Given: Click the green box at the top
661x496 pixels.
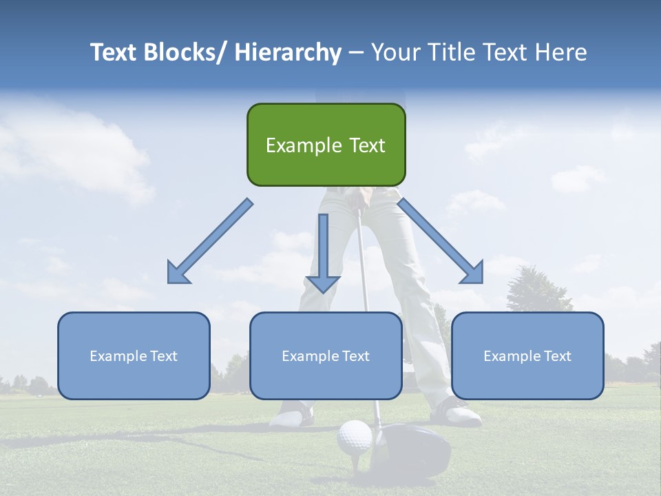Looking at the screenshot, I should click(x=326, y=145).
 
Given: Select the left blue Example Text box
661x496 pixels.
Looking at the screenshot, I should click(x=134, y=355).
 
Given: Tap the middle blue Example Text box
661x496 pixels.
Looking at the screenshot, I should click(x=326, y=355).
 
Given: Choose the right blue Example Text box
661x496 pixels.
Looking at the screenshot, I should click(x=527, y=355).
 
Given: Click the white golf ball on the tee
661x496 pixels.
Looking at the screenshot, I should click(x=355, y=437).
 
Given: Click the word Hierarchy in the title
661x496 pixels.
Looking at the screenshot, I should click(x=287, y=52).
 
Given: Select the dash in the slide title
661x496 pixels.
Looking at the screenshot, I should click(x=356, y=54).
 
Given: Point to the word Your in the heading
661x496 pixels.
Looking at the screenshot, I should click(x=396, y=52).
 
